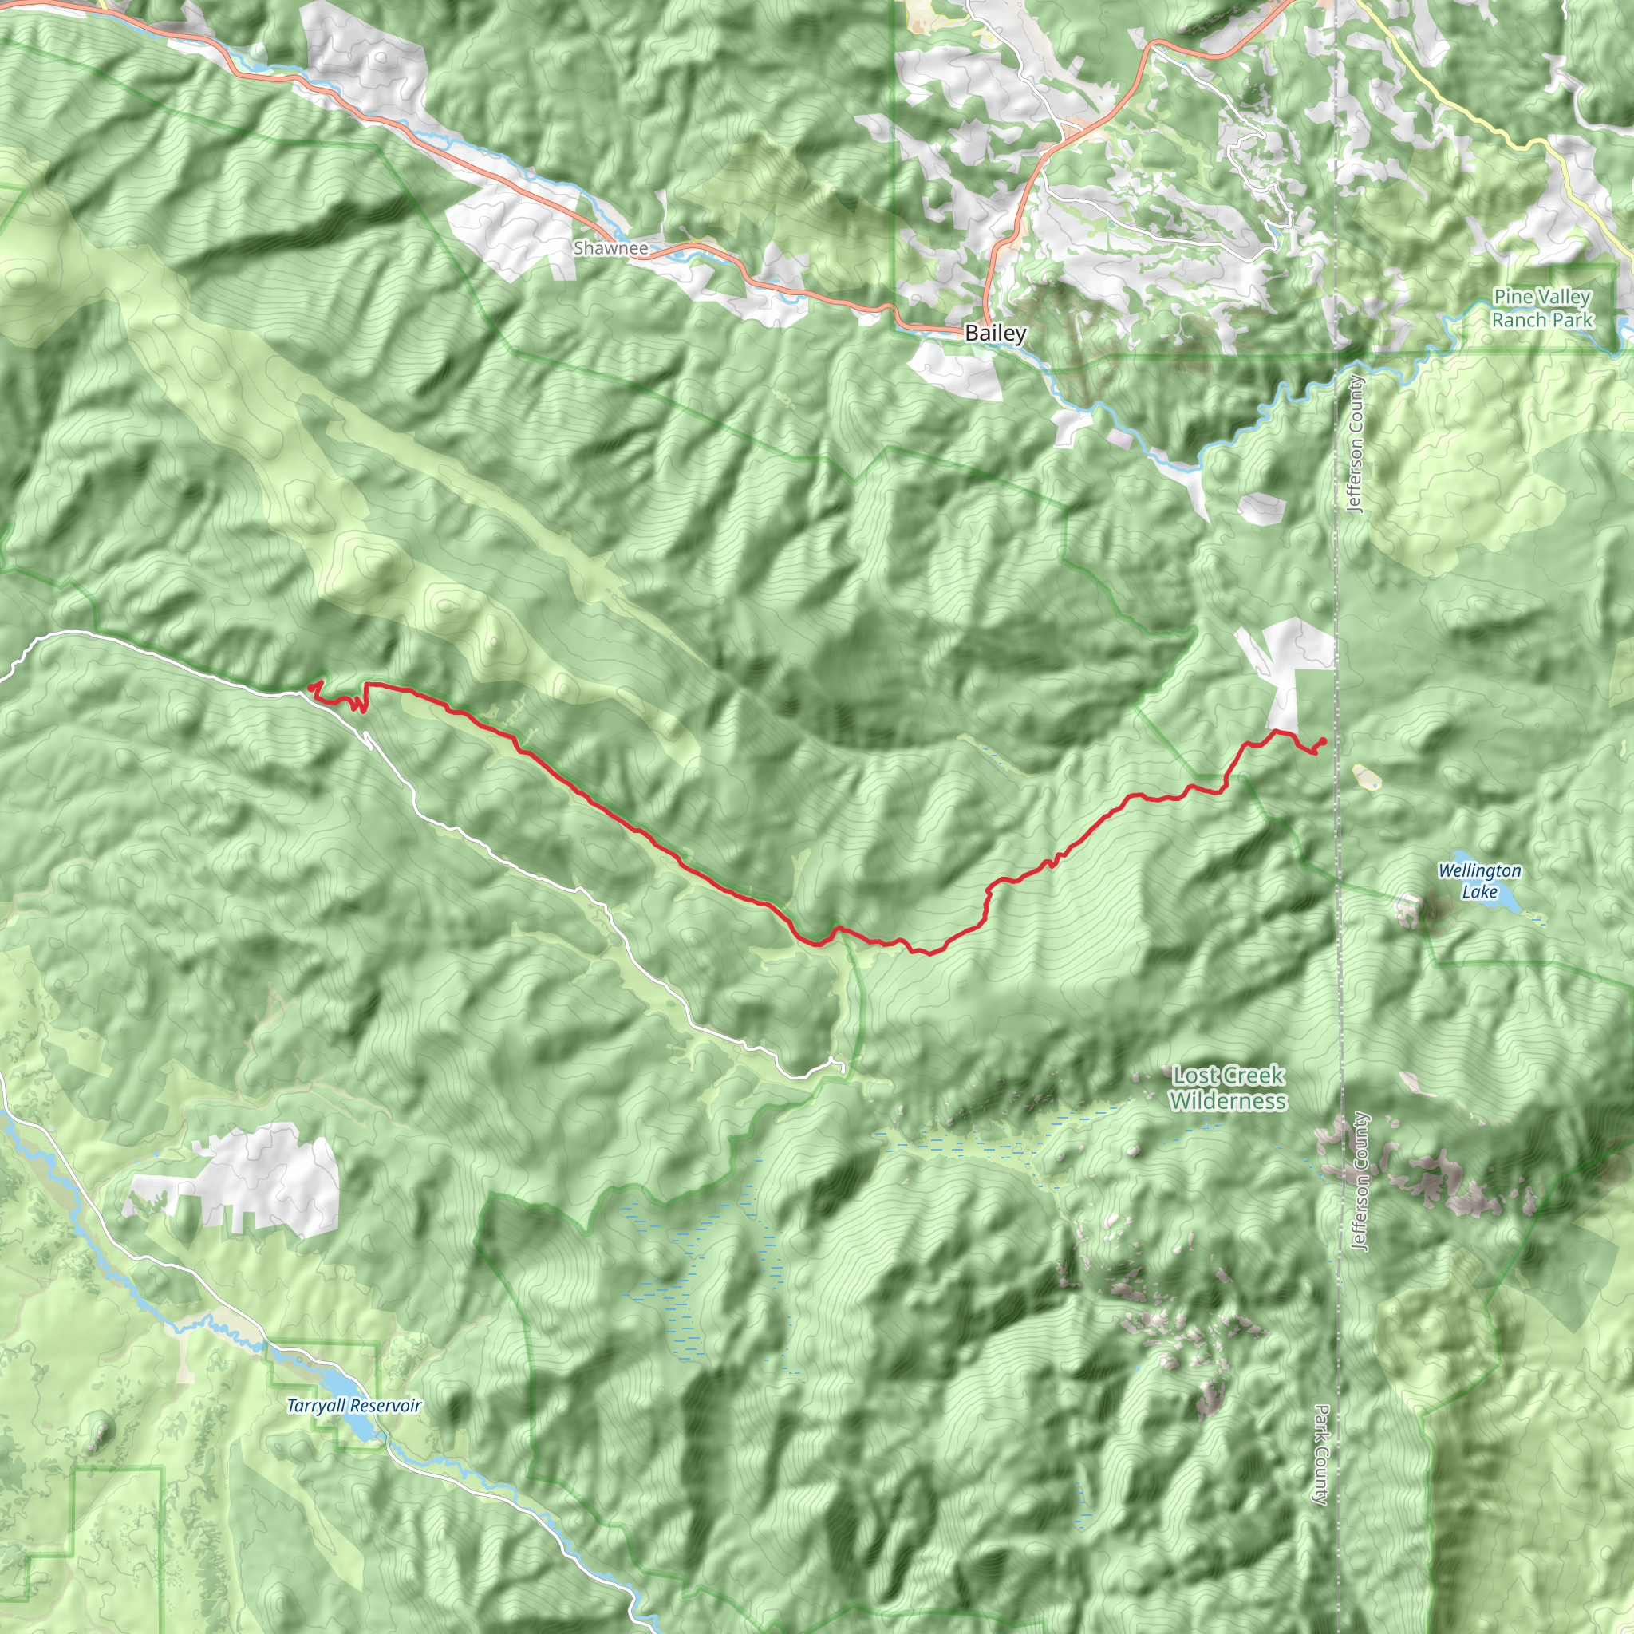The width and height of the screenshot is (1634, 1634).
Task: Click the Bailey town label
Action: point(996,334)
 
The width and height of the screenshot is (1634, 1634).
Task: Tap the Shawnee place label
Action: point(610,249)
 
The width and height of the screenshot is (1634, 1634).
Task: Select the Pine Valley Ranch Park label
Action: point(1541,309)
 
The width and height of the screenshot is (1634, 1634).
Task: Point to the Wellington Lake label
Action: point(1479,881)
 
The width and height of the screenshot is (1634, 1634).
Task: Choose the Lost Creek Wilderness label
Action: point(1229,1087)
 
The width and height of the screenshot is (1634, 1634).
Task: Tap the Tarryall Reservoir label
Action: point(353,1406)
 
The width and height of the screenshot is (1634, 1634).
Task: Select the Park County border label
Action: point(1322,1455)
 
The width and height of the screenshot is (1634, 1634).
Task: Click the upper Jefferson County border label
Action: point(1355,444)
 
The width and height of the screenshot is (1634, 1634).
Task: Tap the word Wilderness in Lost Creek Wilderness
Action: point(1229,1101)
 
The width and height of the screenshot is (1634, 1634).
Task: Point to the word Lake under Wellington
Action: point(1479,891)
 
